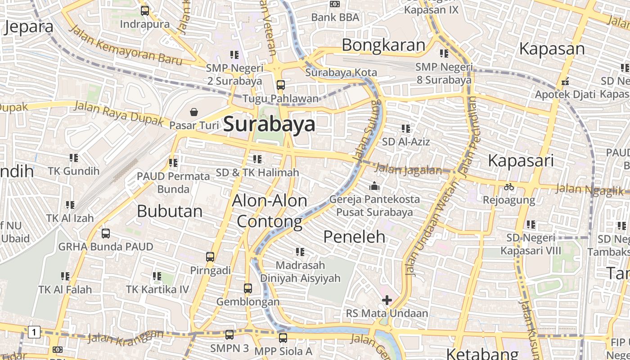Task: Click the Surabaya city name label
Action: pyautogui.click(x=269, y=124)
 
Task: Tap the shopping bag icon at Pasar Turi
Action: pyautogui.click(x=194, y=112)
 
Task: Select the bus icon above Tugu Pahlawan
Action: pyautogui.click(x=281, y=85)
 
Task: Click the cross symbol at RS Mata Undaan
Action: pyautogui.click(x=387, y=300)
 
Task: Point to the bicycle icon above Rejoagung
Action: pyautogui.click(x=509, y=187)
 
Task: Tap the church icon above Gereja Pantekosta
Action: pyautogui.click(x=374, y=186)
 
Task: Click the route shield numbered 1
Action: pyautogui.click(x=34, y=333)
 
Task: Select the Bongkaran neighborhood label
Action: pyautogui.click(x=383, y=45)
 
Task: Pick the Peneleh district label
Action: pyautogui.click(x=355, y=236)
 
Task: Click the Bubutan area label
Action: pyautogui.click(x=170, y=211)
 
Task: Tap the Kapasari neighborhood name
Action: pyautogui.click(x=520, y=160)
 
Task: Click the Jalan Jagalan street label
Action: pyautogui.click(x=408, y=170)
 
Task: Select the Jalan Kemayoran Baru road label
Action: pyautogui.click(x=126, y=45)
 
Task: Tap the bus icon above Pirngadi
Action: pyautogui.click(x=210, y=257)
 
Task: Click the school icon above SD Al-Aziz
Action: pyautogui.click(x=406, y=129)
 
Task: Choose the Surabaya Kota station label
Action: pyautogui.click(x=341, y=72)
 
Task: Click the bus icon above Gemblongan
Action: pyautogui.click(x=248, y=288)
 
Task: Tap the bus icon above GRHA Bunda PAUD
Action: pyautogui.click(x=106, y=234)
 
